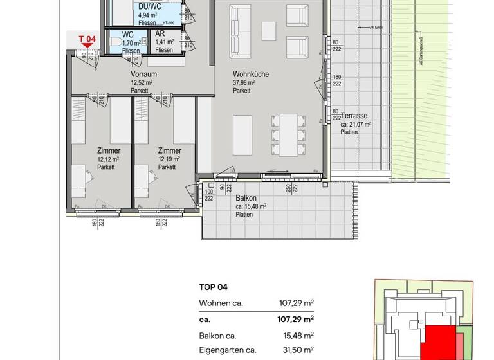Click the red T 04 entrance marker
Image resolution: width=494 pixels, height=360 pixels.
tap(87, 40)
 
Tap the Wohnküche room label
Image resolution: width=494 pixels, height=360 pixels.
tap(250, 75)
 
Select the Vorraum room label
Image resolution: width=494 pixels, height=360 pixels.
tap(143, 75)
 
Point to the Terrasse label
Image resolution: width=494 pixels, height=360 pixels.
tap(354, 116)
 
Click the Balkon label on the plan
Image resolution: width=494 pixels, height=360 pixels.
tap(246, 199)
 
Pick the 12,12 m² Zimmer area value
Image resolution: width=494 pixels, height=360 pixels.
tap(107, 159)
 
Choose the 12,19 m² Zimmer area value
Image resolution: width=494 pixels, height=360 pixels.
tap(168, 159)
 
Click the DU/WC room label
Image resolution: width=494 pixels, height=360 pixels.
tap(150, 6)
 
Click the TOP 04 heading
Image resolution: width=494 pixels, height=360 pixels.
tap(214, 287)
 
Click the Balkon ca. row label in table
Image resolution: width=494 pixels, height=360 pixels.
tap(218, 335)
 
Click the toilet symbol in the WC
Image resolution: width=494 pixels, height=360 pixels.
tap(116, 41)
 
